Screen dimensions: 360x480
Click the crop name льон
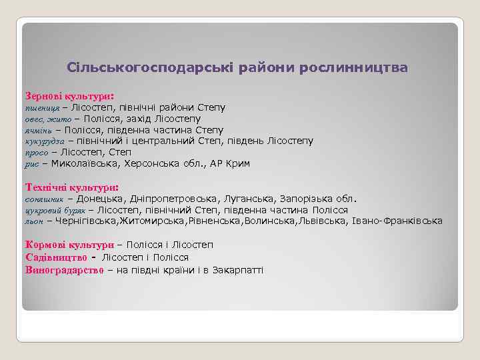click(34, 221)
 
